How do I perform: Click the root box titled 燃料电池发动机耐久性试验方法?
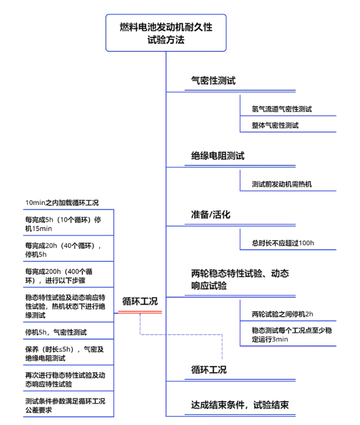pos(166,33)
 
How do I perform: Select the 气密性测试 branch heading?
pos(213,81)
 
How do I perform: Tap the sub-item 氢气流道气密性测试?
pos(282,109)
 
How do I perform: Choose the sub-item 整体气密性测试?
pos(275,126)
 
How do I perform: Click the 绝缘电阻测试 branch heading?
pos(218,156)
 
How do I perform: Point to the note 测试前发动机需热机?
pos(282,185)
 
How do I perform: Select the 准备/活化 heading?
pos(211,215)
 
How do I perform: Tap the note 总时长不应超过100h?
pos(283,243)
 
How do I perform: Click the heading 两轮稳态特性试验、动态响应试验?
pos(240,279)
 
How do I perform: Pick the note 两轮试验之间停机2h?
pos(282,314)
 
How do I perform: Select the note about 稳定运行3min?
pos(291,335)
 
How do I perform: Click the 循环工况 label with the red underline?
pos(140,301)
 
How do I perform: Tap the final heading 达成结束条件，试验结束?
pos(240,405)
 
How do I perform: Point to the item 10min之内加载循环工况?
pos(62,203)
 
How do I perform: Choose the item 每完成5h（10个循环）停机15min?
pos(63,224)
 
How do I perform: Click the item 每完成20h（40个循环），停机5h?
pos(63,250)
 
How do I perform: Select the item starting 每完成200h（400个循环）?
pos(59,276)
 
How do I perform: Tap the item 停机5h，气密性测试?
pos(56,332)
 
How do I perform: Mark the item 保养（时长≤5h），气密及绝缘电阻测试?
pos(65,354)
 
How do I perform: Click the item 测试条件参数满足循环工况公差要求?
pos(65,406)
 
